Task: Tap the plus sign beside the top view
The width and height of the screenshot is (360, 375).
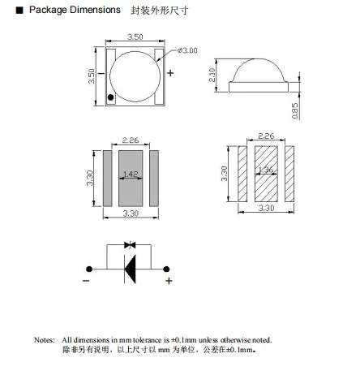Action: coord(171,73)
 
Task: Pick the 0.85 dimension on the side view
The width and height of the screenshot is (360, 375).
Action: coord(295,110)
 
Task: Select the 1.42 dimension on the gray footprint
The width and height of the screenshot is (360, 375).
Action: coord(131,173)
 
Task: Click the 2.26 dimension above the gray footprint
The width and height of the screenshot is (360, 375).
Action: coord(131,138)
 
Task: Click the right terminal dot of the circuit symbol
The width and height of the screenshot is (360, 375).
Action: coord(168,269)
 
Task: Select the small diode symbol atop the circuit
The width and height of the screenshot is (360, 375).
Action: coord(129,244)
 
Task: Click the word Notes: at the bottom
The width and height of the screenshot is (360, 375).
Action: coord(44,340)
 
